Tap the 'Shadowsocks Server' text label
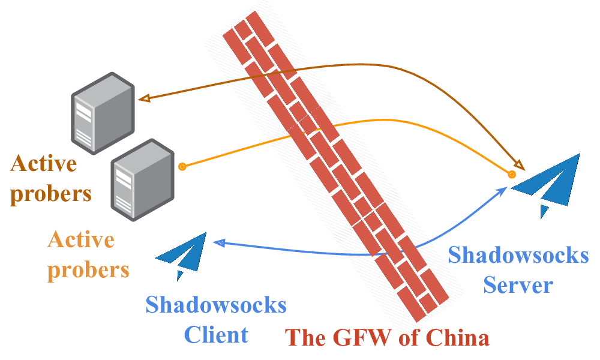518,269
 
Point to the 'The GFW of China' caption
388,338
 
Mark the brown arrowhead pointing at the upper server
143,98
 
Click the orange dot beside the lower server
182,166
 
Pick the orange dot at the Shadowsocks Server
511,175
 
